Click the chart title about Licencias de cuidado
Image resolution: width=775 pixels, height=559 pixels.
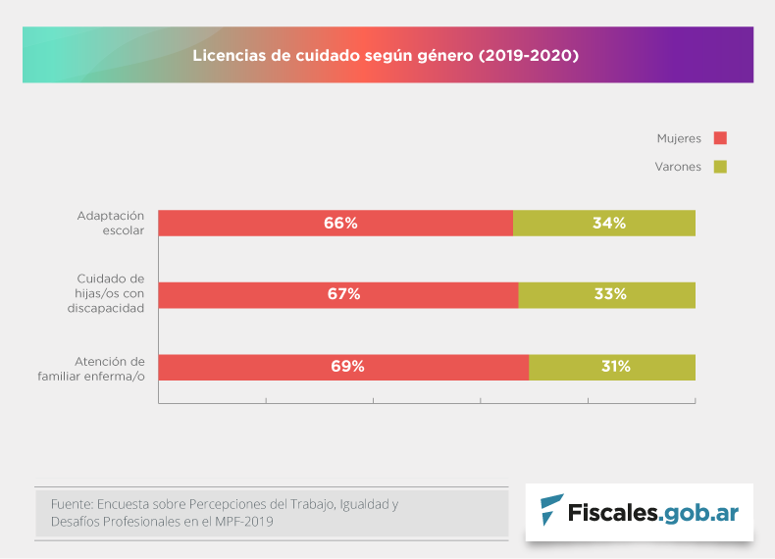coord(386,56)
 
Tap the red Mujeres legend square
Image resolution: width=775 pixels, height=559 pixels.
coord(720,138)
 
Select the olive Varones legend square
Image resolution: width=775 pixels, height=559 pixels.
coord(720,167)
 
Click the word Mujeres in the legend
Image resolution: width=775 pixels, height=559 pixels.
coord(679,138)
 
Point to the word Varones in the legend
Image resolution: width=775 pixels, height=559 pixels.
coord(678,167)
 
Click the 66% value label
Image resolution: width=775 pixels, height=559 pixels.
coord(340,224)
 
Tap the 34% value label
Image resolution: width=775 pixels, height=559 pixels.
coord(609,224)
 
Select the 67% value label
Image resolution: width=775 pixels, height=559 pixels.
coord(343,295)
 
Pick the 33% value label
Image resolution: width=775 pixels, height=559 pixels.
coord(609,295)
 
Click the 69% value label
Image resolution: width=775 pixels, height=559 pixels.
coord(347,367)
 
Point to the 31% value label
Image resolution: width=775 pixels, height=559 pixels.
coord(615,367)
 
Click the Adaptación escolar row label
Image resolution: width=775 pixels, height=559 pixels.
coord(110,223)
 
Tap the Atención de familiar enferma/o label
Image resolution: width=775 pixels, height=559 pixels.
coord(97,368)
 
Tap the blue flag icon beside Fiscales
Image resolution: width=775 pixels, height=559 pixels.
coord(552,510)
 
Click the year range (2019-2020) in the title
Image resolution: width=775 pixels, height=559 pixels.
coord(528,56)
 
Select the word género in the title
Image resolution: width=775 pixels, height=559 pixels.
coord(447,56)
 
